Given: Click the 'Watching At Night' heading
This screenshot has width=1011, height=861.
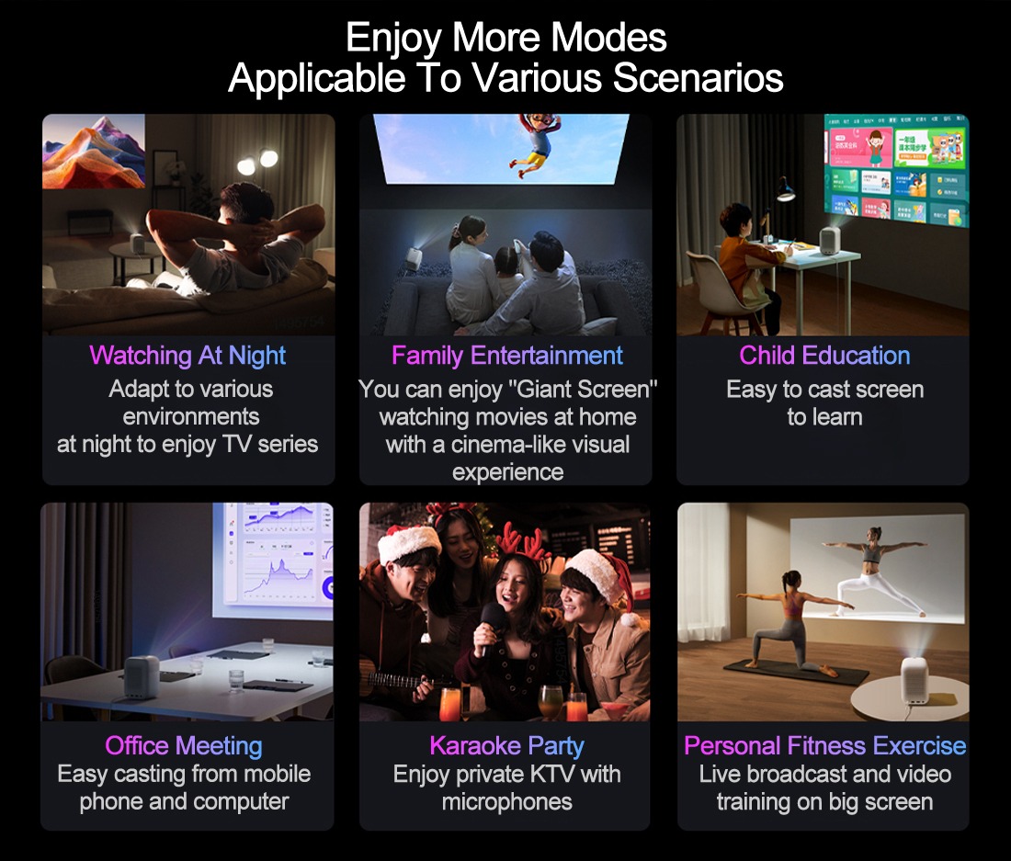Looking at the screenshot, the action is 187,356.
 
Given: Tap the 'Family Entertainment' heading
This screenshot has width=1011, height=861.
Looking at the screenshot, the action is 506,356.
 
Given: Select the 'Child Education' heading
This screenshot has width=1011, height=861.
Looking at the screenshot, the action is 824,355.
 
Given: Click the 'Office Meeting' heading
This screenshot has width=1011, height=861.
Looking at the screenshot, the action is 184,745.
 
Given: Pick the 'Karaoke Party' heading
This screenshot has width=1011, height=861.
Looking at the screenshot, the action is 506,745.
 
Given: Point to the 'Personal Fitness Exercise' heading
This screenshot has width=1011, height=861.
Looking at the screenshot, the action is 824,745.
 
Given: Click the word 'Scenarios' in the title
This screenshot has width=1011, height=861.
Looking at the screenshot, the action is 698,78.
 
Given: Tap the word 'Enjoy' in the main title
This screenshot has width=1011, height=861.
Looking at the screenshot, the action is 393,38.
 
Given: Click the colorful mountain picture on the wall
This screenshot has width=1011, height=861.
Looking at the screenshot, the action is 94,152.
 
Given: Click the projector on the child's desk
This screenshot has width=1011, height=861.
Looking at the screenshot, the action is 828,240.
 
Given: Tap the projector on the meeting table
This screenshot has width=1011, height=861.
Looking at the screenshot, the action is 141,676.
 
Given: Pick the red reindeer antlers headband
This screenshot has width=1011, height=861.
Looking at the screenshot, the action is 524,541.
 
